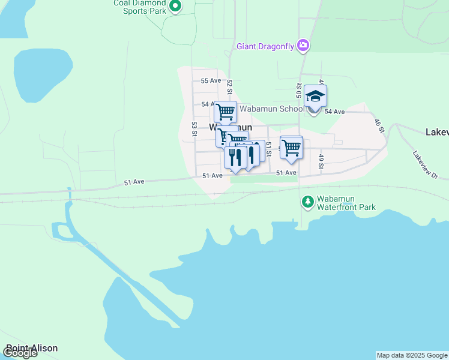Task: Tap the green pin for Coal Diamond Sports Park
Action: tap(175, 7)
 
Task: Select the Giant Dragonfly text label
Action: tap(265, 46)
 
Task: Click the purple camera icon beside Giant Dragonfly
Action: tap(303, 45)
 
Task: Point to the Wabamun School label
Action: tap(272, 109)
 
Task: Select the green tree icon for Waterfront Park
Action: tap(307, 201)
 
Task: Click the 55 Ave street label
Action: tap(211, 80)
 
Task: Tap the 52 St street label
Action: tap(229, 86)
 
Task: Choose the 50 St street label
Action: tap(298, 91)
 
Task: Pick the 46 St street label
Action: tap(378, 125)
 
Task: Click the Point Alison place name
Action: tap(32, 348)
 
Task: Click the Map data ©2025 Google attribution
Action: tap(412, 355)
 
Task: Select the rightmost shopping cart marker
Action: tap(291, 147)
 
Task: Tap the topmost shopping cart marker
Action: tap(225, 112)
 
